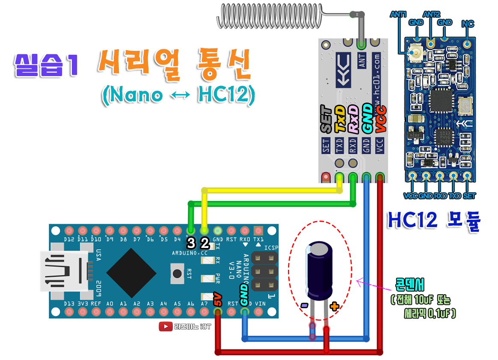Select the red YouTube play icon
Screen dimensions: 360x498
coord(165,327)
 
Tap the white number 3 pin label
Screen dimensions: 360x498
coord(191,243)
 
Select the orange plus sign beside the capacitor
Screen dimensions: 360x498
coord(334,306)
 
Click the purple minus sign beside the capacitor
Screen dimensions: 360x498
coord(304,305)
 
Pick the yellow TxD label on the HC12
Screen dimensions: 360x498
coord(340,119)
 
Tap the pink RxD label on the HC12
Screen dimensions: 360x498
coord(353,119)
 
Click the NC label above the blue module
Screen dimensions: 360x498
coord(468,24)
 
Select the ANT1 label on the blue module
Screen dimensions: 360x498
coord(399,14)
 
